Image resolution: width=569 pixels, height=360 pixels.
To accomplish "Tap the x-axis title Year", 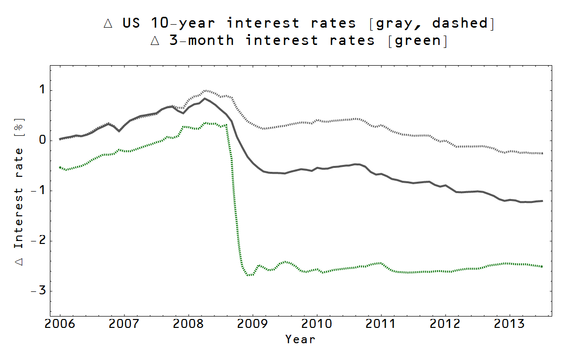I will [300, 339].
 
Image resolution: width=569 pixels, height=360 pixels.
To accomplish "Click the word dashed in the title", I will [462, 23].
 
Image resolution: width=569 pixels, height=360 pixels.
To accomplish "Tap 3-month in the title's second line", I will [202, 40].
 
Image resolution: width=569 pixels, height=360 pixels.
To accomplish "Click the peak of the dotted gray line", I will [205, 90].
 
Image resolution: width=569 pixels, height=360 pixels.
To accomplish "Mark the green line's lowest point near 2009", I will [250, 275].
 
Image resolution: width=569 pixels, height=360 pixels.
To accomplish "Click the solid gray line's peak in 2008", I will [205, 98].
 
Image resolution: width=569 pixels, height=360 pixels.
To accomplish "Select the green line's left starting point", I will [60, 167].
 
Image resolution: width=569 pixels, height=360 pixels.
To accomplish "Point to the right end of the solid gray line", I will [542, 201].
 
